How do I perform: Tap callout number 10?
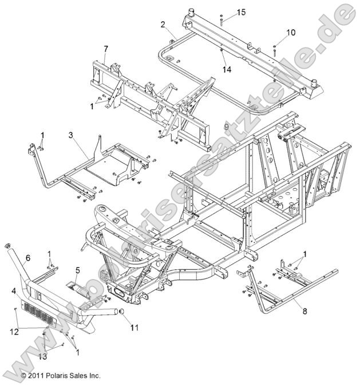point(291,33)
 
